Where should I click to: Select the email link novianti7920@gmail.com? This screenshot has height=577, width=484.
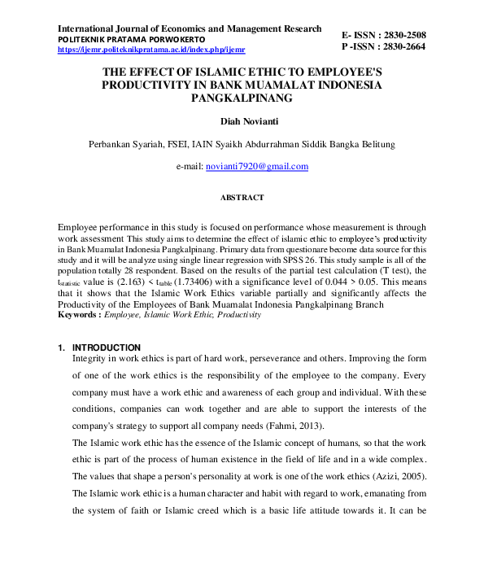point(257,166)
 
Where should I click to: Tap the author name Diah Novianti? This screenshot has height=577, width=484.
point(242,121)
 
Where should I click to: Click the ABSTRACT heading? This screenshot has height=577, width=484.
point(242,197)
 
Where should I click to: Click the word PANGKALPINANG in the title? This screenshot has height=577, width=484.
point(242,98)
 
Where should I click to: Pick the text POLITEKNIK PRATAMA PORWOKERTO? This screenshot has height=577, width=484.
point(131,40)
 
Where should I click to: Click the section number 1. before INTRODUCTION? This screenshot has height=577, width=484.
point(62,348)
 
